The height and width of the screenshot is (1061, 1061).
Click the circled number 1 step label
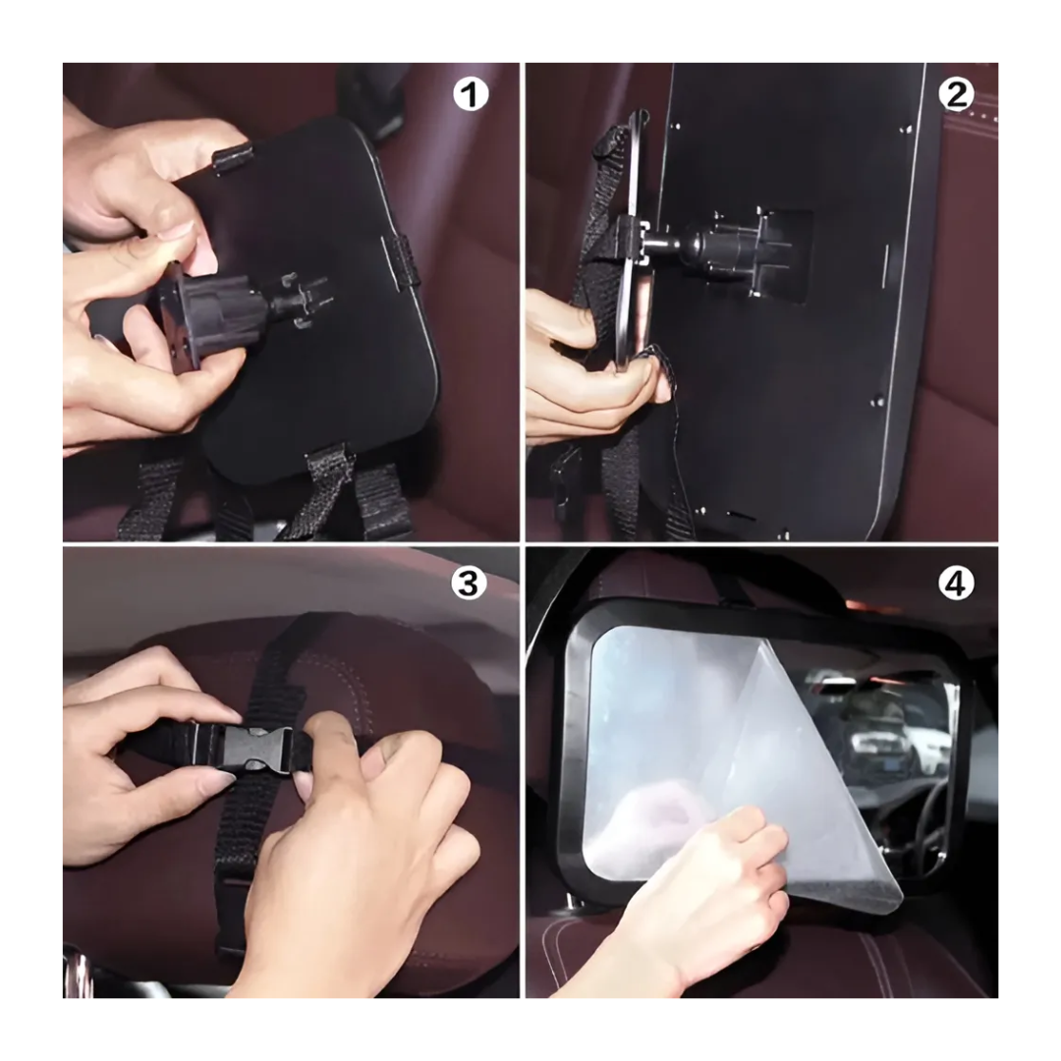tap(471, 95)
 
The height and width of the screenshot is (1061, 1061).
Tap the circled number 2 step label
tap(955, 95)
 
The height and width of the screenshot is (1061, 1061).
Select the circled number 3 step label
tap(470, 583)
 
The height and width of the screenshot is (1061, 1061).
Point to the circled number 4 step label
tap(955, 583)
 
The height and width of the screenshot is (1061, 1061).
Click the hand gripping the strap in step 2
tap(580, 373)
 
